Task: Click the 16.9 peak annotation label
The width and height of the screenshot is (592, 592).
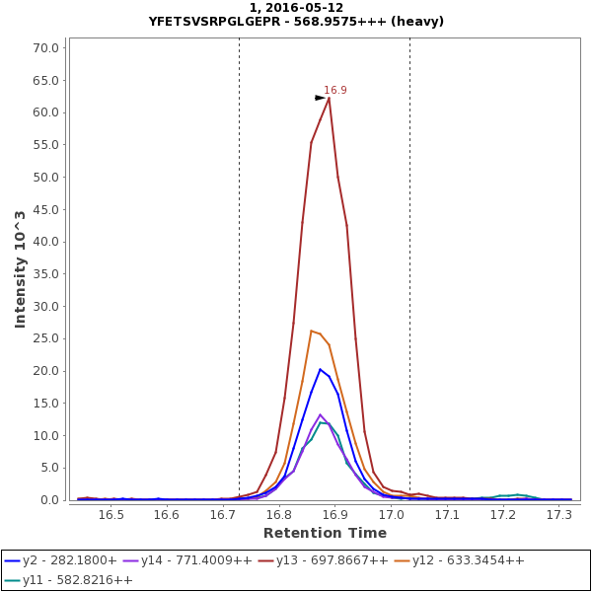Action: (x=335, y=90)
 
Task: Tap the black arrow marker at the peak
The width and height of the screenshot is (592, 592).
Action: (x=320, y=98)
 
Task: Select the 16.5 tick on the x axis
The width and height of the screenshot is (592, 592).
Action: (x=111, y=515)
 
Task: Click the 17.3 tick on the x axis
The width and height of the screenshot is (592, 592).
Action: (x=559, y=515)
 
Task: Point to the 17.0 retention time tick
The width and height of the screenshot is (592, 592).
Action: (x=392, y=515)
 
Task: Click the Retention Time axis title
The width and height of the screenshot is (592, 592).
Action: (x=325, y=534)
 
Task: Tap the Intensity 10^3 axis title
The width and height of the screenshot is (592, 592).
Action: (x=20, y=268)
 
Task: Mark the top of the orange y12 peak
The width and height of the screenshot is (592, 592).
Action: (x=311, y=331)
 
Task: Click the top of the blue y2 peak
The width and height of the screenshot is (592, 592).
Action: (x=320, y=369)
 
